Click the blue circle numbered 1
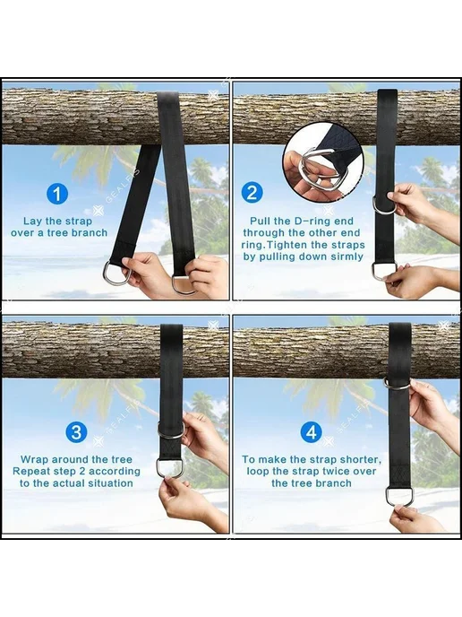click(x=57, y=194)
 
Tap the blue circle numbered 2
click(x=252, y=193)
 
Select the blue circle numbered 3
click(x=76, y=431)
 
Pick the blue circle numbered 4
click(x=312, y=432)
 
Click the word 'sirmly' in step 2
click(x=346, y=256)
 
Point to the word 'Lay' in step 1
click(x=32, y=222)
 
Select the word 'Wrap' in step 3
click(x=35, y=459)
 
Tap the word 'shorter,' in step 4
click(x=360, y=459)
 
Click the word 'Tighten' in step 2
click(x=287, y=245)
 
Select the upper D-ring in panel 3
click(x=170, y=430)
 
